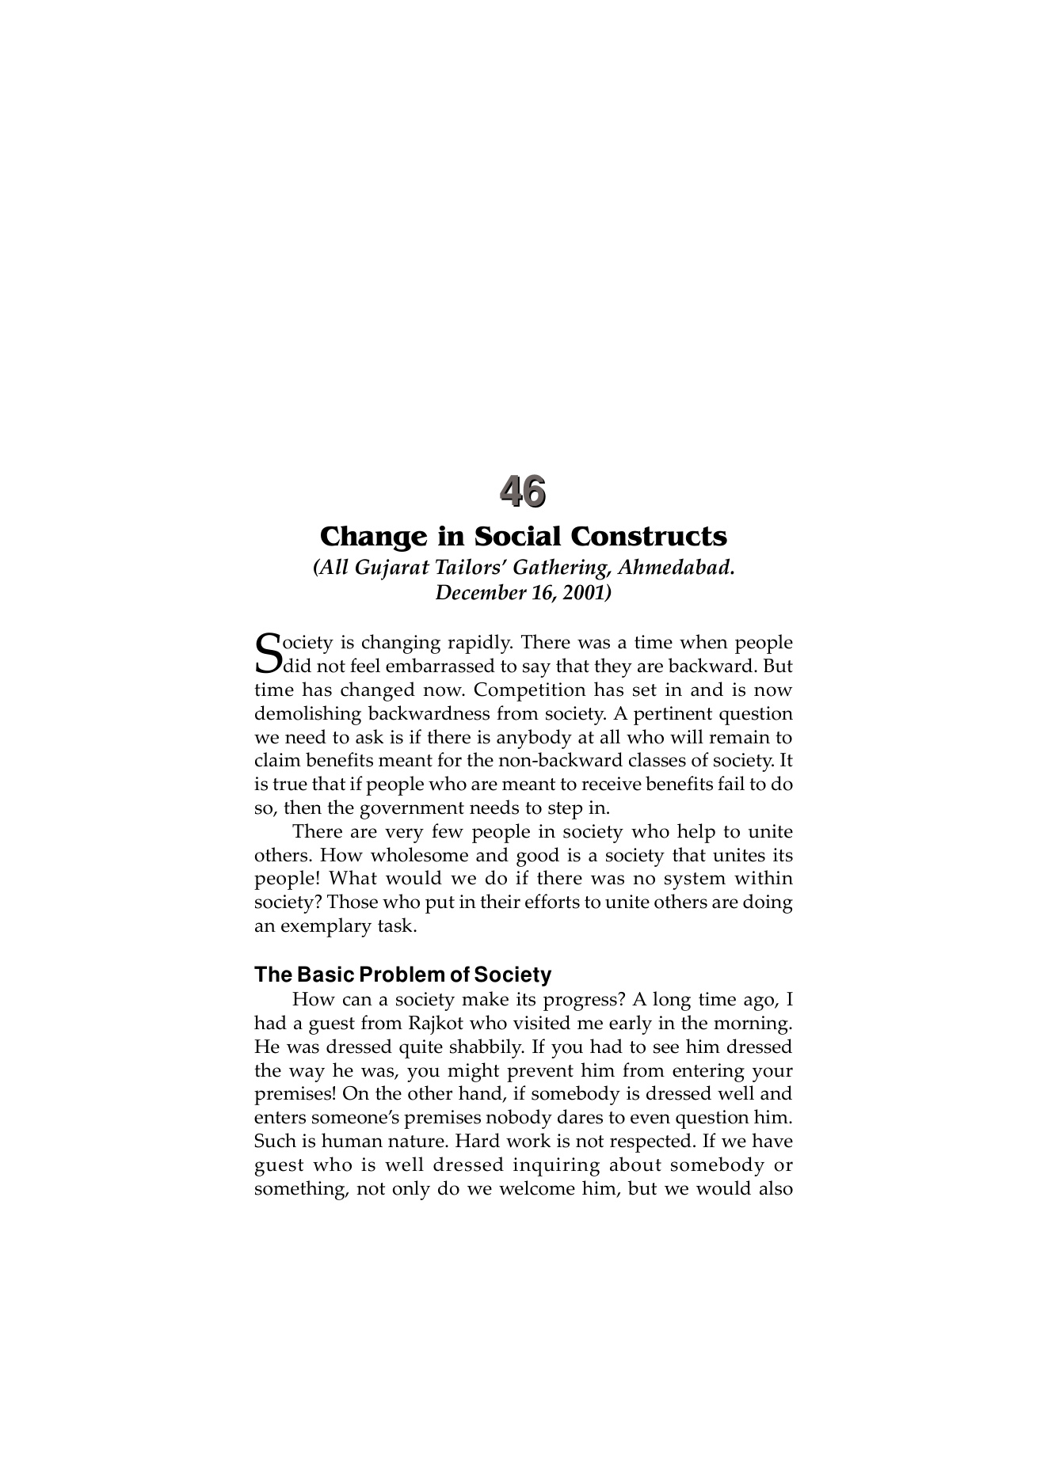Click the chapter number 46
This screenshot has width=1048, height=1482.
pyautogui.click(x=523, y=492)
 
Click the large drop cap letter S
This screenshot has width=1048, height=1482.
pyautogui.click(x=269, y=652)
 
